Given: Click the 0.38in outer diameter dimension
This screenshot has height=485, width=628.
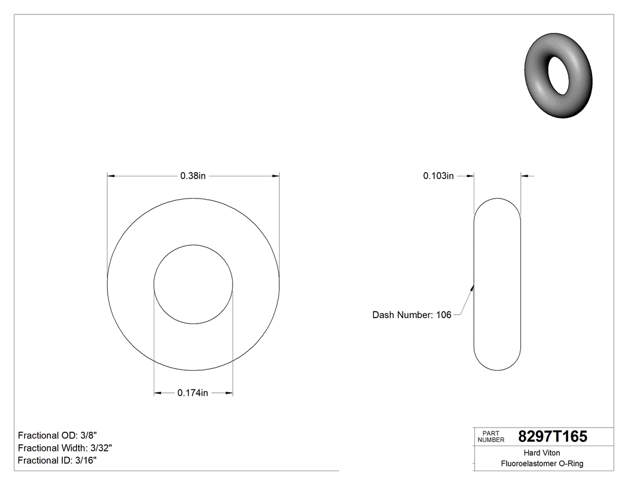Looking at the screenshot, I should [193, 176].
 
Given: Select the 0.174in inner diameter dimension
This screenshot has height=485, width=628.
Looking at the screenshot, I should [193, 393].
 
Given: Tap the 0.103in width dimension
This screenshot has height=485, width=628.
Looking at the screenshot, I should [438, 176].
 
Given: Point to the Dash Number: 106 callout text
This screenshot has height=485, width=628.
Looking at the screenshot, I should [411, 315].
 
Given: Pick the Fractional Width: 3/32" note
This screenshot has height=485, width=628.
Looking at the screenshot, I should [65, 448].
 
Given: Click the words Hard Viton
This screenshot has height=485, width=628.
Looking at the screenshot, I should [542, 453].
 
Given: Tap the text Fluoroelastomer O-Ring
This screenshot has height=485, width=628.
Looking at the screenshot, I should [542, 463].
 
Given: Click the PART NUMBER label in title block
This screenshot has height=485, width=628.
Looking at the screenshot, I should [491, 437].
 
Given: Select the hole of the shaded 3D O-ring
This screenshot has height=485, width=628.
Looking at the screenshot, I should [559, 75].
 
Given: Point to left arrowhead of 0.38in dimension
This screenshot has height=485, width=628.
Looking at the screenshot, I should [111, 176].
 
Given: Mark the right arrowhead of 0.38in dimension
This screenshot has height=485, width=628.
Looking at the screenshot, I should [276, 176].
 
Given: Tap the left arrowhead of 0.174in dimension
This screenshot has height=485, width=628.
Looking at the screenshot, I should [158, 393].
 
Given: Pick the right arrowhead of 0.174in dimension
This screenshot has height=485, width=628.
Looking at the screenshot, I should [228, 393].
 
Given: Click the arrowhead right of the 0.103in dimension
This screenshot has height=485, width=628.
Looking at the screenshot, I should [525, 176].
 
